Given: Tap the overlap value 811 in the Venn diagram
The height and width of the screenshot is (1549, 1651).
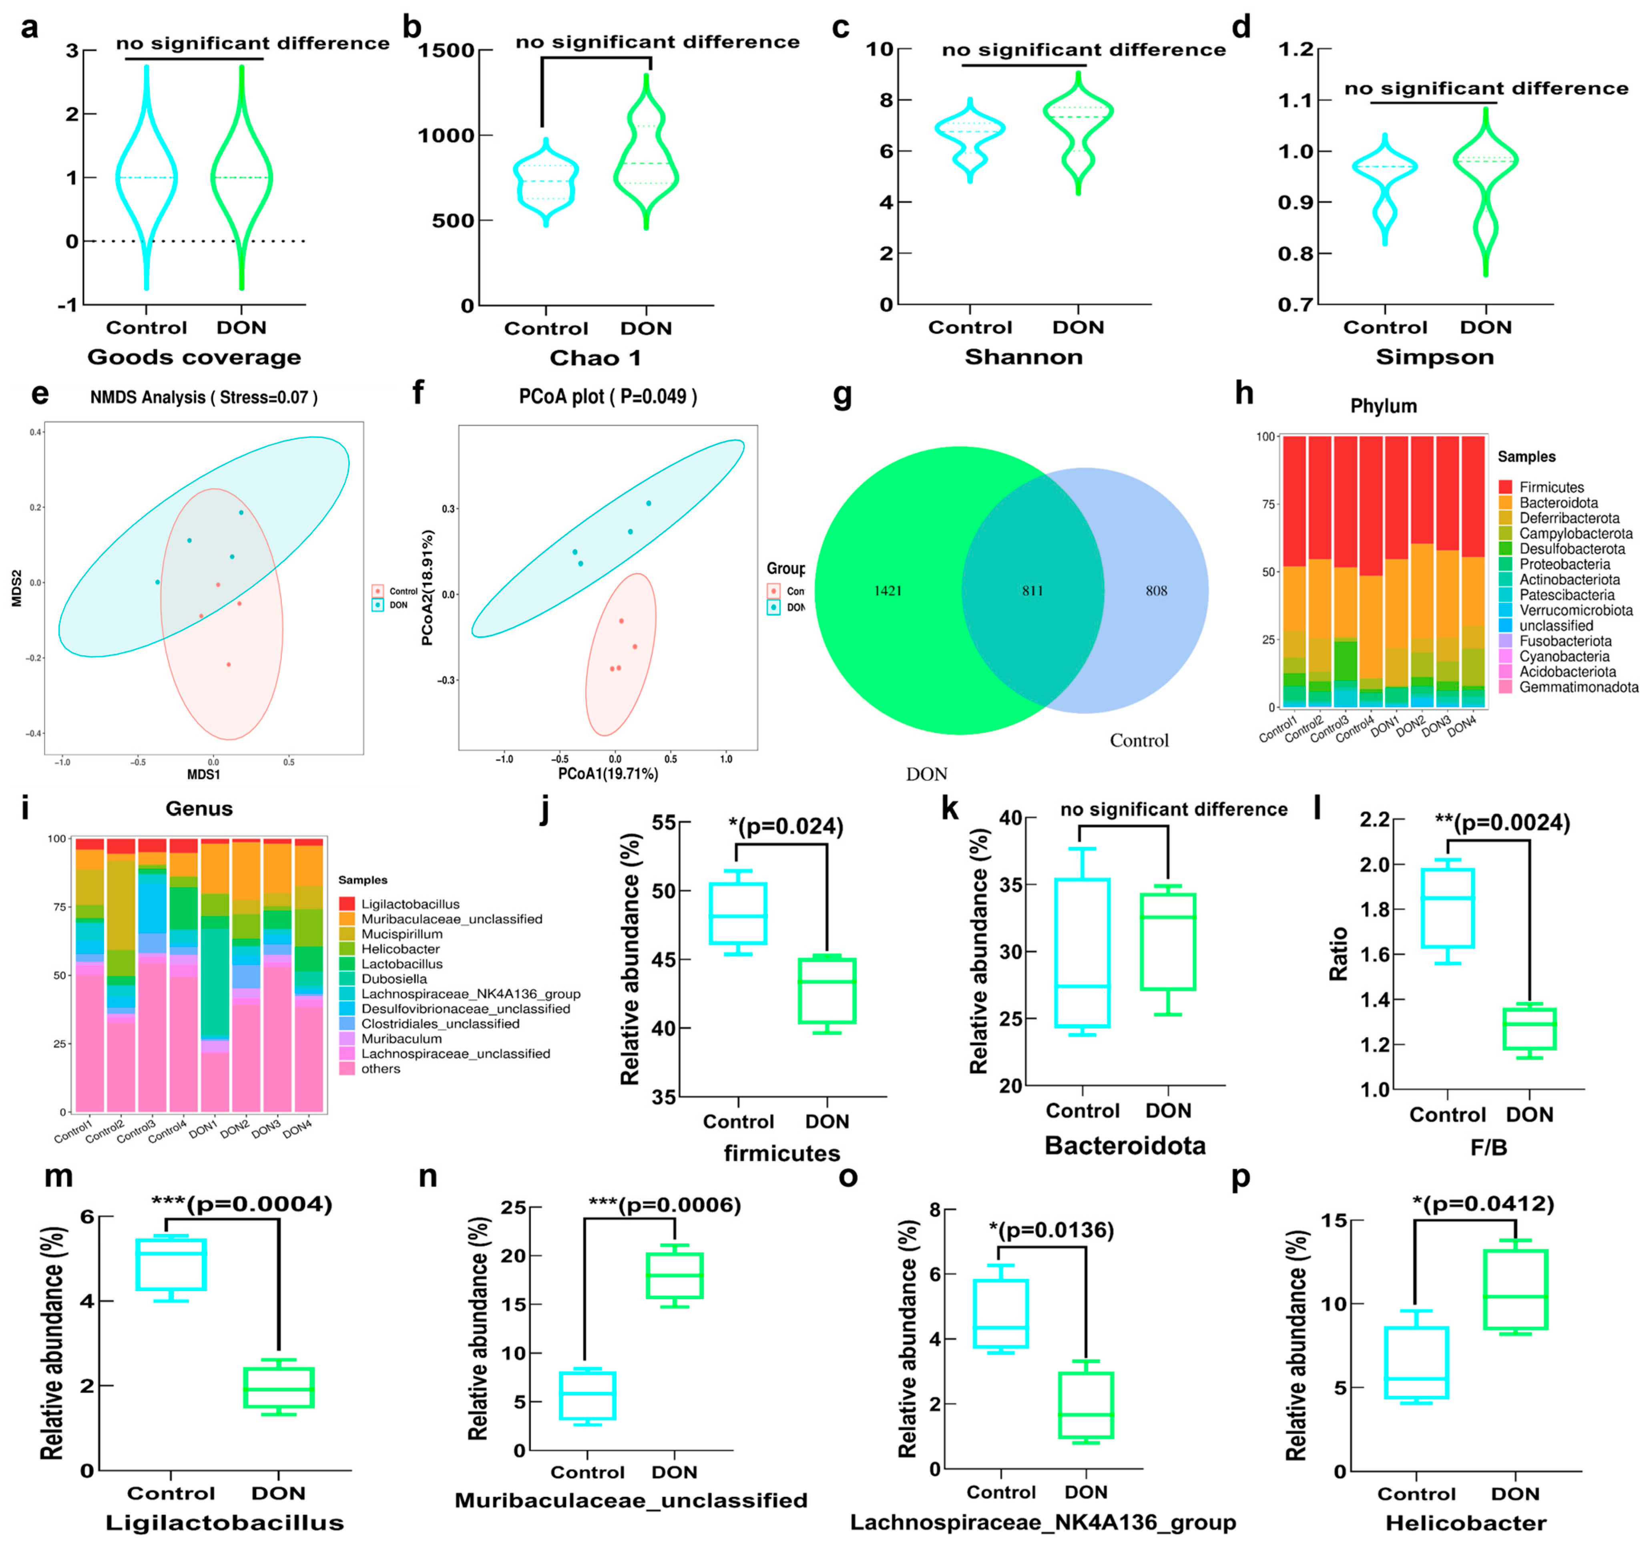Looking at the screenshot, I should pyautogui.click(x=1032, y=591).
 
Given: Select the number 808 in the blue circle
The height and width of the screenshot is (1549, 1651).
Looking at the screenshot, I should pyautogui.click(x=1156, y=591).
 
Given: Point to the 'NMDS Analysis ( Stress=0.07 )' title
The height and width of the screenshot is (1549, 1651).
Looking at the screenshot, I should pyautogui.click(x=203, y=397).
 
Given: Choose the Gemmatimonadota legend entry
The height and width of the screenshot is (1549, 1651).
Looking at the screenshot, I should pyautogui.click(x=1578, y=687).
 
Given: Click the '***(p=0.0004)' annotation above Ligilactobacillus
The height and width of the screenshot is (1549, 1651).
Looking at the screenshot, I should pyautogui.click(x=242, y=1203).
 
